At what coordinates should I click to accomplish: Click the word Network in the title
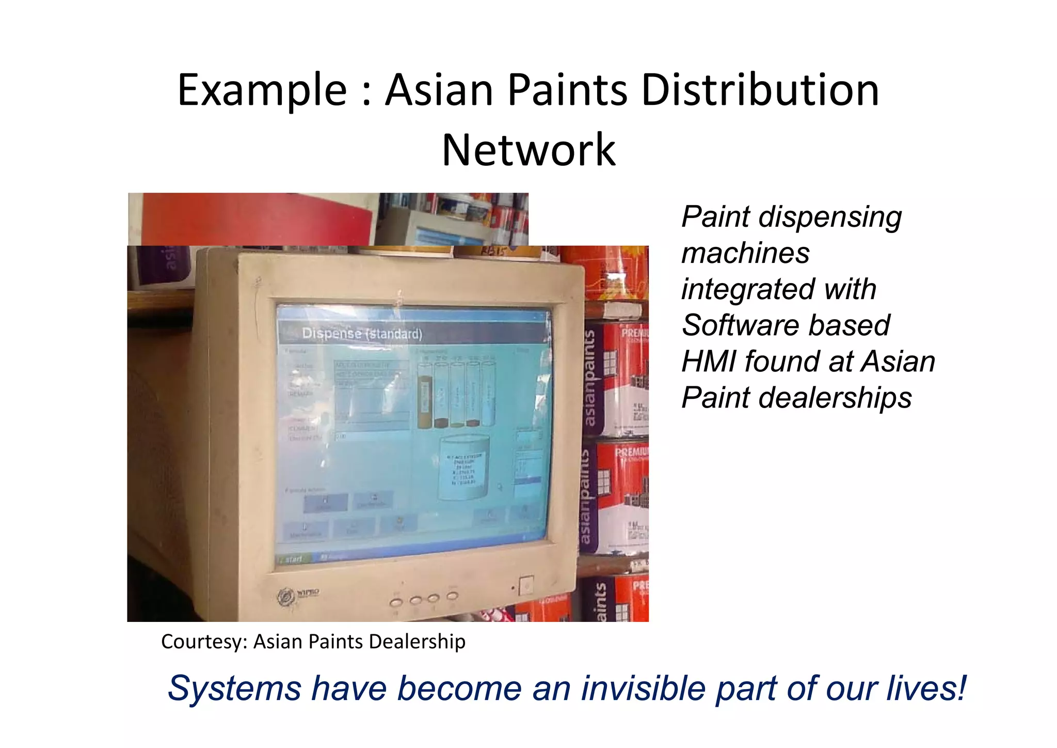[528, 150]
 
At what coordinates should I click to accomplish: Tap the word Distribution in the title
[760, 91]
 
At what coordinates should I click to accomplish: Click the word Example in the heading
[262, 91]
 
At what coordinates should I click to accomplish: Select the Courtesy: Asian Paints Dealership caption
[313, 642]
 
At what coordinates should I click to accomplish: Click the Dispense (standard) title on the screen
[362, 334]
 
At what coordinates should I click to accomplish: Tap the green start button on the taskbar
[293, 559]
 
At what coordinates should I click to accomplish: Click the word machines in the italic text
[745, 253]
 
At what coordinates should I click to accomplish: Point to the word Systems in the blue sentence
[234, 689]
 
